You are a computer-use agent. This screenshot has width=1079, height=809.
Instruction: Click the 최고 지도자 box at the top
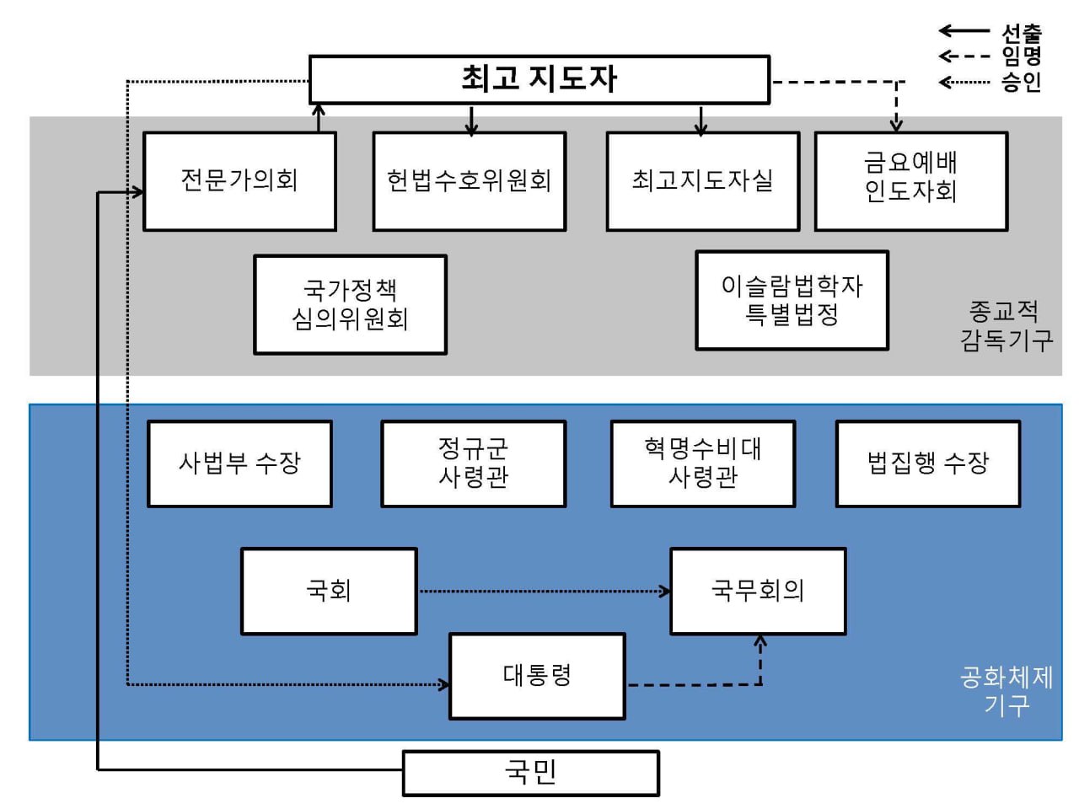point(539,79)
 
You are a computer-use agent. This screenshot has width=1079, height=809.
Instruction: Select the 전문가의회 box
point(239,180)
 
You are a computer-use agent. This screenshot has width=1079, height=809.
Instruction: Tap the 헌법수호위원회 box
point(469,180)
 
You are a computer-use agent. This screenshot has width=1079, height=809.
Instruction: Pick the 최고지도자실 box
point(702,180)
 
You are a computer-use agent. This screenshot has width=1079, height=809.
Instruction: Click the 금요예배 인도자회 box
point(910,180)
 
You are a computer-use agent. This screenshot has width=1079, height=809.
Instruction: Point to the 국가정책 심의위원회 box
point(350,304)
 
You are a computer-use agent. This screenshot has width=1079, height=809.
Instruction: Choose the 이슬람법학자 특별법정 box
point(792,300)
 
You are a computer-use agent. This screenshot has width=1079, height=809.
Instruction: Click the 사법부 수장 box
point(239,463)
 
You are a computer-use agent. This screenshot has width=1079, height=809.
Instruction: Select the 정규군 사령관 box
point(473,463)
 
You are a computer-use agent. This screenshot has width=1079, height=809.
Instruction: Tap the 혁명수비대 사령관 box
point(702,463)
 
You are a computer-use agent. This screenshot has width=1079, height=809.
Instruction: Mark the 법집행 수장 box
point(927,463)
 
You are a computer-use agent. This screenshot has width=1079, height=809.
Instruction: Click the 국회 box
point(329,591)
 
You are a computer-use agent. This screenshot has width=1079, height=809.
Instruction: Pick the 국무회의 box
point(757,591)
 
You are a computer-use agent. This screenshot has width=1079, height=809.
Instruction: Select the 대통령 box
point(537,676)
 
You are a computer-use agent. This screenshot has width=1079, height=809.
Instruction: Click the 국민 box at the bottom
point(530,773)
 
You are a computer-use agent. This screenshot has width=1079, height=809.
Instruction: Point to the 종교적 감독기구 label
point(1006,326)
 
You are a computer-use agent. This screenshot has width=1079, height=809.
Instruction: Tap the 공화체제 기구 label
point(1006,690)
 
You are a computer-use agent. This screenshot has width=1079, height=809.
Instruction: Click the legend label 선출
point(1022,33)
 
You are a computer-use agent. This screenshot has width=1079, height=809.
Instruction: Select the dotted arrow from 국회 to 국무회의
point(544,592)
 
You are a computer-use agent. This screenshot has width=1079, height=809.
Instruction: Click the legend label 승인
point(1022,82)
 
